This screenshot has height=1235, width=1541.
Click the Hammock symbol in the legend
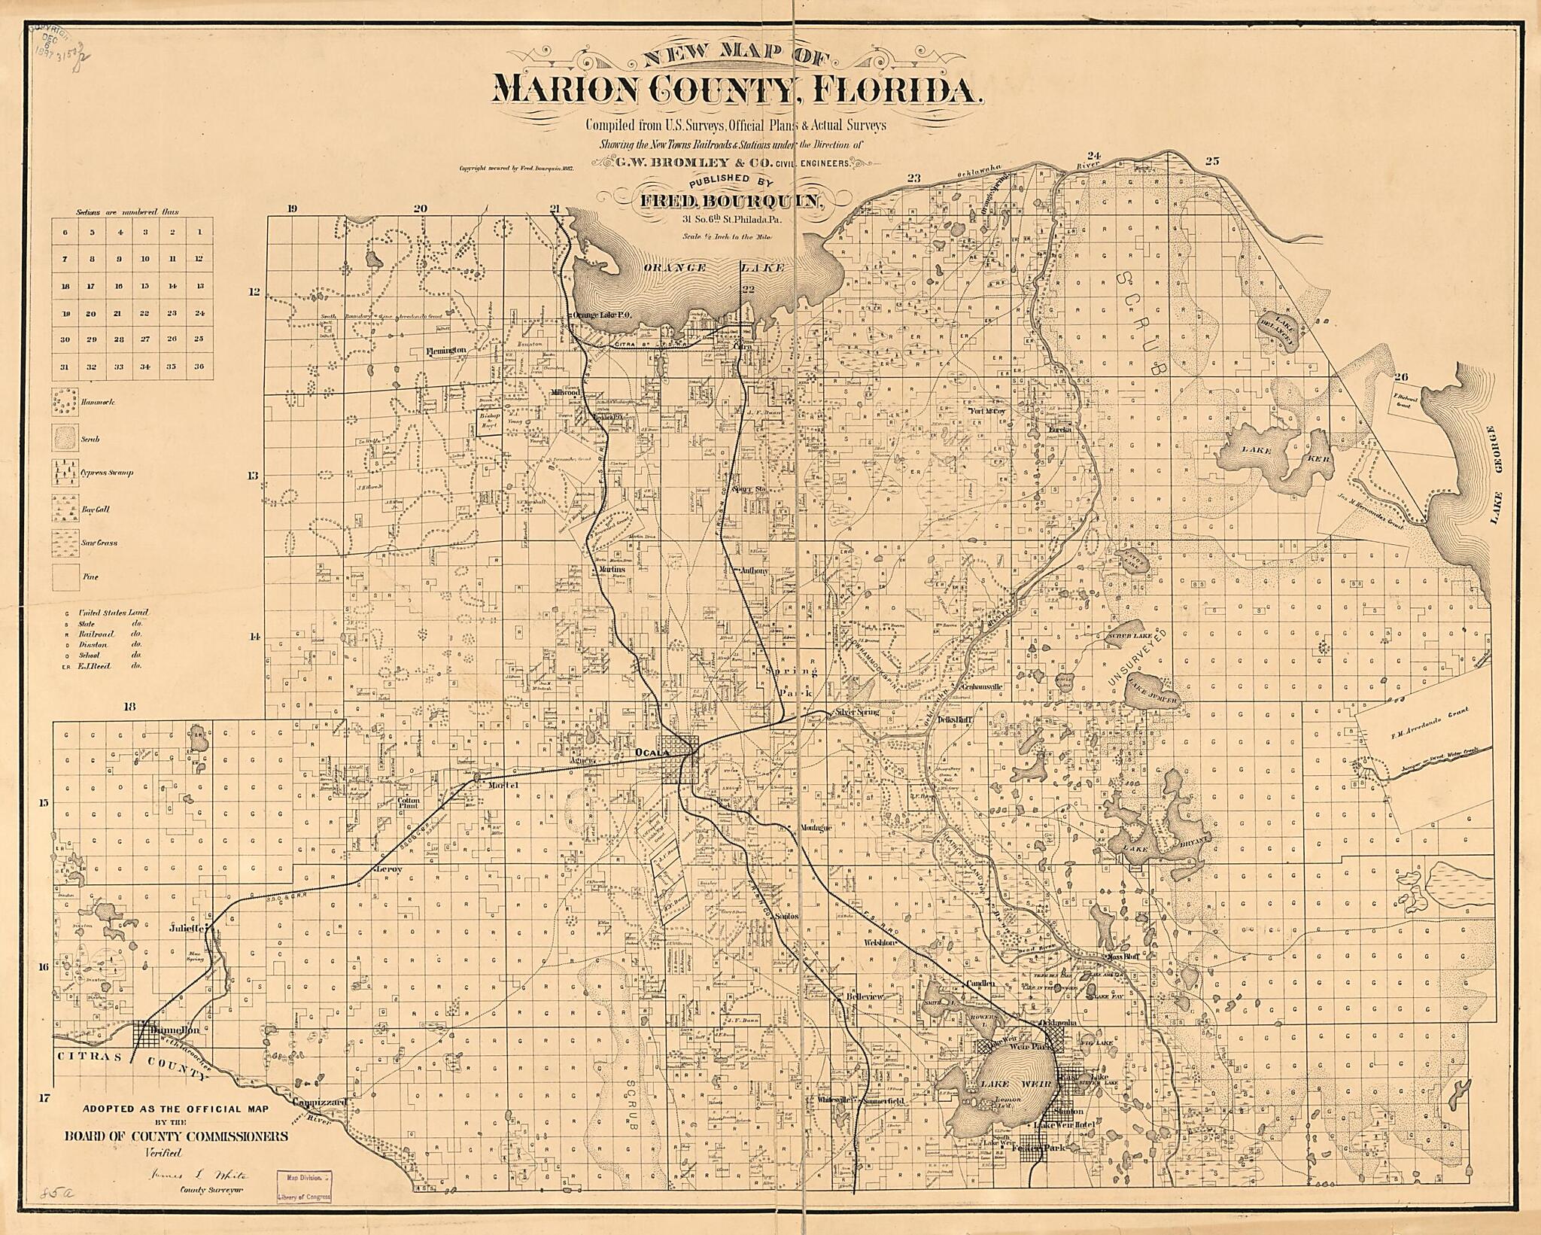(66, 403)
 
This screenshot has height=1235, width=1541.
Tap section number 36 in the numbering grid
(199, 367)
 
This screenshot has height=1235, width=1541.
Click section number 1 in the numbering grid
(199, 232)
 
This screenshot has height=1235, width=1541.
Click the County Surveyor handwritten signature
(199, 1175)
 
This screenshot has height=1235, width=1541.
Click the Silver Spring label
(853, 711)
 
